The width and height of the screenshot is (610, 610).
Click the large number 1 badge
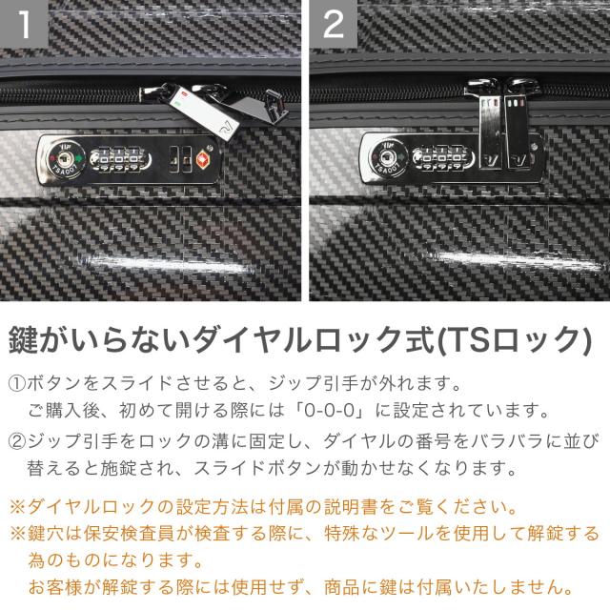click(x=24, y=24)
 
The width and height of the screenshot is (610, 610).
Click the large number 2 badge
click(x=334, y=24)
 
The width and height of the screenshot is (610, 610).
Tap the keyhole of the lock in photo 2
click(x=388, y=157)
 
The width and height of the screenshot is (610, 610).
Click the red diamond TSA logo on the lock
click(x=203, y=160)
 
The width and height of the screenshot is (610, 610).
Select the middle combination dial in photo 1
click(x=119, y=159)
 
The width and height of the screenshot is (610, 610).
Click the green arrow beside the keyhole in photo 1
click(x=79, y=159)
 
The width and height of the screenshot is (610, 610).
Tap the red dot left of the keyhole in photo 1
click(x=51, y=157)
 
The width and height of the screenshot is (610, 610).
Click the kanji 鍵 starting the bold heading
click(x=24, y=339)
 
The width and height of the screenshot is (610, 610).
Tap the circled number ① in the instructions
click(x=17, y=383)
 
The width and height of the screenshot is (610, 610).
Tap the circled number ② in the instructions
click(x=17, y=441)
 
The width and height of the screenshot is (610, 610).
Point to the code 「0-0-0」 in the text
click(x=330, y=411)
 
